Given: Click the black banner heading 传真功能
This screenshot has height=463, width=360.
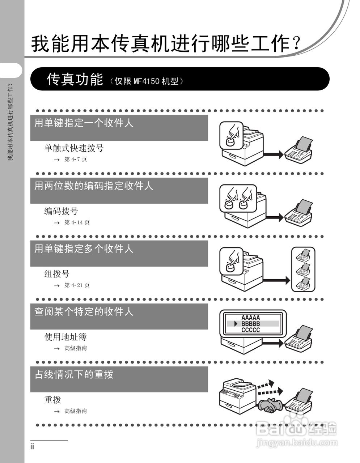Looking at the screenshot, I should pos(75,79).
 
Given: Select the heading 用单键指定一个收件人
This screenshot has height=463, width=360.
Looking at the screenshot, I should pos(84,123).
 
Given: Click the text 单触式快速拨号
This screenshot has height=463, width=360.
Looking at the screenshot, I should pos(74,148).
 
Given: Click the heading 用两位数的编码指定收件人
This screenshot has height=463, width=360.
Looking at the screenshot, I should pos(94,186).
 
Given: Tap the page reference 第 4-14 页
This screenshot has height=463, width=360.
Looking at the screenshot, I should pos(77,222).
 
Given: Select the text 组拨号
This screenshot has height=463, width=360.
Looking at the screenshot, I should pos(57,274).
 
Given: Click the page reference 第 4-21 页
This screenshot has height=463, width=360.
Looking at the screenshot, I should pos(77,285).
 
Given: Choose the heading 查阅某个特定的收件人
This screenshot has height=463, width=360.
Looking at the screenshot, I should pos(84,311).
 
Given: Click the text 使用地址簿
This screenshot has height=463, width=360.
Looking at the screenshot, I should pos(65,337).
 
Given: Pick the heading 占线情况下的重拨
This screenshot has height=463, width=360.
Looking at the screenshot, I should pos(74,374).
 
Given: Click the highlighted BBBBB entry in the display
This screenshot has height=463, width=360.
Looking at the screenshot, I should pos(251,324).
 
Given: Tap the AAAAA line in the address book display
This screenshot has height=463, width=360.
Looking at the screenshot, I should pos(251,318).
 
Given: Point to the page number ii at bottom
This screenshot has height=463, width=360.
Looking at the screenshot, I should pos(32,447).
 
